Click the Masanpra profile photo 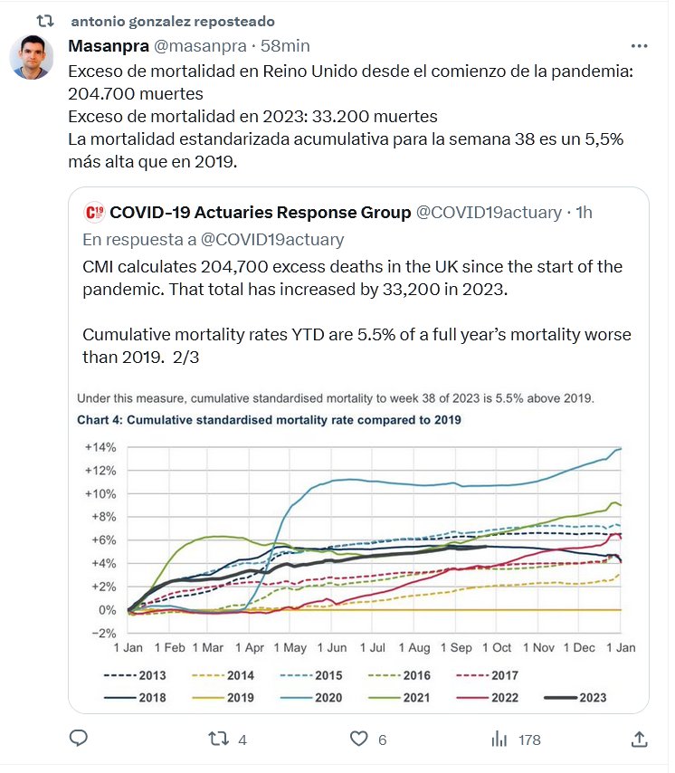[31, 58]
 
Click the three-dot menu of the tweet [639, 45]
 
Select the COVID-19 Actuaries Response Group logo [93, 213]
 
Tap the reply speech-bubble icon [79, 739]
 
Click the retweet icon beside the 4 [218, 739]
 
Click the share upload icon [639, 739]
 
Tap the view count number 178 [529, 740]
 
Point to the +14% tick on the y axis [101, 447]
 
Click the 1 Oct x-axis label [496, 648]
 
